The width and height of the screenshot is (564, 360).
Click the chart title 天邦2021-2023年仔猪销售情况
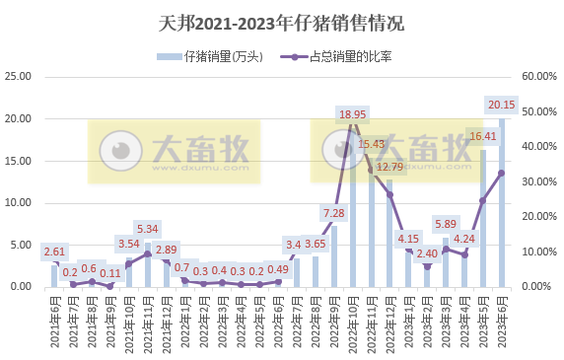(x=281, y=22)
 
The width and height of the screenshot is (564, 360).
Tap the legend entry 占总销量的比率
(x=341, y=55)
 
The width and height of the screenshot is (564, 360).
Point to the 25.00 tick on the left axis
(x=20, y=76)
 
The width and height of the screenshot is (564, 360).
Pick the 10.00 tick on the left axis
(x=20, y=202)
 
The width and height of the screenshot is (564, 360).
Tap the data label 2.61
(x=54, y=252)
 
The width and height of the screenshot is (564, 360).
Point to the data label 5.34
(x=147, y=230)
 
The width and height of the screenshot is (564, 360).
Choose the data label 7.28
(x=333, y=213)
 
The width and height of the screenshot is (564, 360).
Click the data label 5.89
(x=446, y=224)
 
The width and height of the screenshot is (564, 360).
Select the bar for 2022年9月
(x=333, y=256)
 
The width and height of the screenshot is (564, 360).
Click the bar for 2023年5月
(x=483, y=218)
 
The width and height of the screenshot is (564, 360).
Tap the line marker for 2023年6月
(x=502, y=173)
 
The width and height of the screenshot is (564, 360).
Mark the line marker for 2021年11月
(x=147, y=253)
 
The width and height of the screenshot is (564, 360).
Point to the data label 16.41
(x=483, y=136)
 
